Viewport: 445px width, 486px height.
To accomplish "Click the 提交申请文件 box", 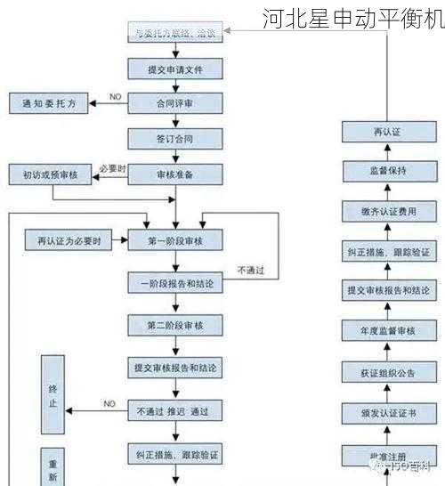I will tap(174, 69).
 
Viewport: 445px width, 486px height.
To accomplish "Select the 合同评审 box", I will tap(174, 103).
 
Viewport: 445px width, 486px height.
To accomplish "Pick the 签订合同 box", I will tap(174, 139).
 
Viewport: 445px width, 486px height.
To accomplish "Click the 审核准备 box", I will tap(174, 175).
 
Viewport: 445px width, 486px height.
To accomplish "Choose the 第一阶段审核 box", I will tap(174, 240).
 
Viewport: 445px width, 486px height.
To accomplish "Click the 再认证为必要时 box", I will tap(69, 240).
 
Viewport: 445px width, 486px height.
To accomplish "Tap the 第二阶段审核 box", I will tap(174, 325).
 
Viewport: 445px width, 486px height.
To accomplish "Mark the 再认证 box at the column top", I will tap(387, 132).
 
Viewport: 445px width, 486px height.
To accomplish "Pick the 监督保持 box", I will tap(387, 171).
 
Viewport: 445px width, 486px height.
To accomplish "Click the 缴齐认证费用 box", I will tap(387, 211).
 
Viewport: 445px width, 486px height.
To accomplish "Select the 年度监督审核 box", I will tap(387, 331).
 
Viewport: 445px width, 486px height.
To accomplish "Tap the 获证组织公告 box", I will tap(387, 371).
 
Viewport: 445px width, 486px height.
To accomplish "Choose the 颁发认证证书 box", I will tap(387, 412).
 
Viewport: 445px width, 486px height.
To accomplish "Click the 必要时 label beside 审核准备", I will tap(113, 168).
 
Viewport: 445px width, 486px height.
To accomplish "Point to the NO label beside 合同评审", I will tap(115, 96).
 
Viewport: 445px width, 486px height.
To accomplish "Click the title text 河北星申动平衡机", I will tap(352, 18).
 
